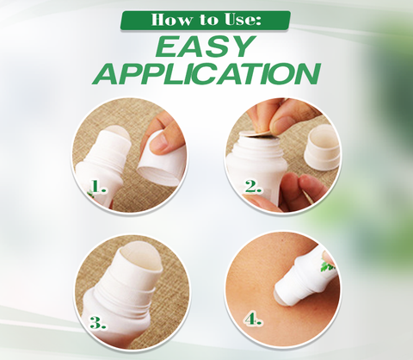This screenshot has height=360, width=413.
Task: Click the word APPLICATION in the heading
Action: click(206, 73)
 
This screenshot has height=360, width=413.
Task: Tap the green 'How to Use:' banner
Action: click(206, 21)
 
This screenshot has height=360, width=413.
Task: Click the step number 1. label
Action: click(98, 187)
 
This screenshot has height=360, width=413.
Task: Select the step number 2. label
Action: click(254, 187)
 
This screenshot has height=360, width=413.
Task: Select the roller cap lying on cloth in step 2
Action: click(322, 148)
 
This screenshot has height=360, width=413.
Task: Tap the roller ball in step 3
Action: click(141, 258)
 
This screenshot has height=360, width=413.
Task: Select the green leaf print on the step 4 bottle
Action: click(327, 265)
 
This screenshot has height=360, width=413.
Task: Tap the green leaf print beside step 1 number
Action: click(89, 195)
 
